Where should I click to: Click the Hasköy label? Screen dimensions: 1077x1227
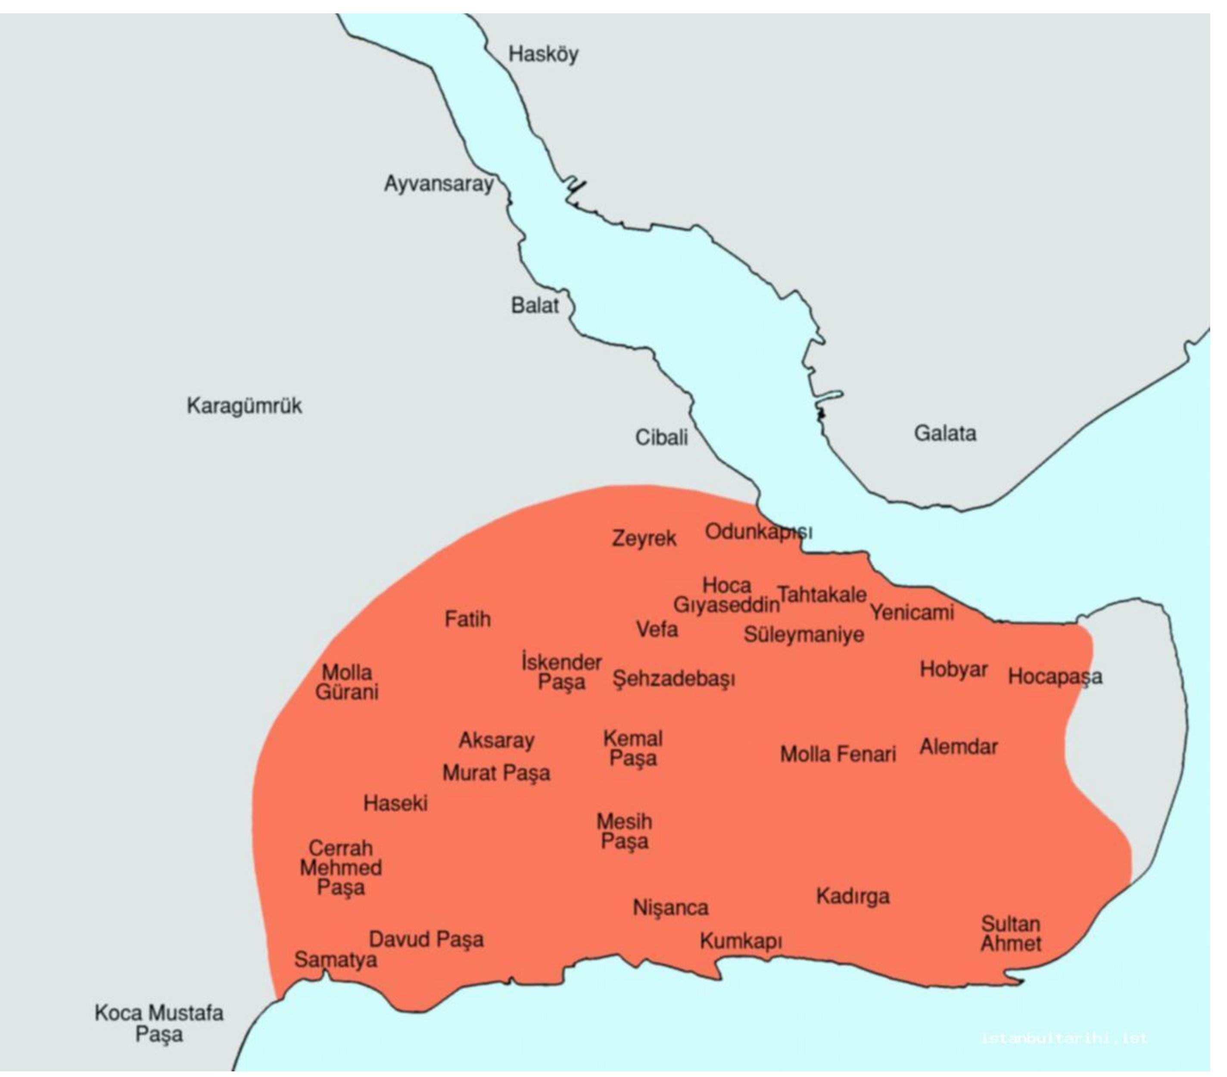pos(543,54)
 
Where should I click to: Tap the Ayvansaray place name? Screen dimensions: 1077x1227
pos(439,183)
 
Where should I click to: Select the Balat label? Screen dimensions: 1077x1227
pos(534,305)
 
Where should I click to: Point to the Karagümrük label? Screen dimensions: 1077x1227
pos(244,406)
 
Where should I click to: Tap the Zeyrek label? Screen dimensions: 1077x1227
pos(644,538)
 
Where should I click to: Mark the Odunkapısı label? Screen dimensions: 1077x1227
pos(758,531)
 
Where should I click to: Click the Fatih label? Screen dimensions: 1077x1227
pos(467,619)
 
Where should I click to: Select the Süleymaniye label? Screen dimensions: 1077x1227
pos(804,635)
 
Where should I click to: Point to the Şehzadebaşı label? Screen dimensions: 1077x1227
pos(673,679)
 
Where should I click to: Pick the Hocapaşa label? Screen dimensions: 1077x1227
pos(1055,677)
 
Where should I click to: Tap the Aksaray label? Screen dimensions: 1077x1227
pos(496,740)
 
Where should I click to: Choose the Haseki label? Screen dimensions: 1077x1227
pos(396,803)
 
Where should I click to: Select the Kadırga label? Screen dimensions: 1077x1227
pos(853,896)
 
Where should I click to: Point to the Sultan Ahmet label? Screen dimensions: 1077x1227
pos(1011,934)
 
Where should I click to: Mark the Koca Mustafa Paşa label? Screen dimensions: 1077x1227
pos(159,1024)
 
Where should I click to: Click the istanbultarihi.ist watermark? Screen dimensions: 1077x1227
pos(1064,1038)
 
